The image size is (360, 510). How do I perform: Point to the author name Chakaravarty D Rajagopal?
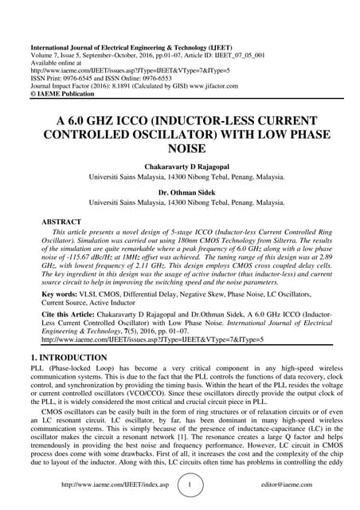[x=180, y=165]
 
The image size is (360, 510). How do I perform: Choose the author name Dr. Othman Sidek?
[x=180, y=192]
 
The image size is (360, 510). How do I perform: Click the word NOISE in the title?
[x=180, y=148]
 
